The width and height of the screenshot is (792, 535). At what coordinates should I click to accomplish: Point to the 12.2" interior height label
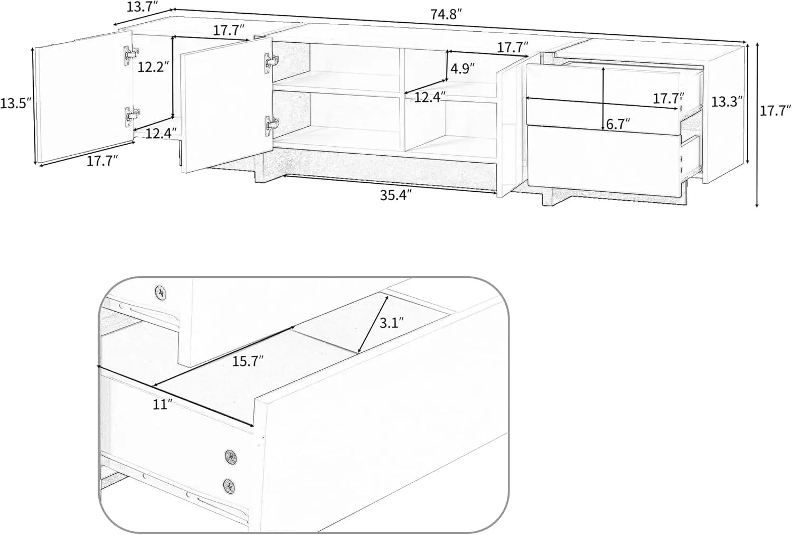[x=153, y=67]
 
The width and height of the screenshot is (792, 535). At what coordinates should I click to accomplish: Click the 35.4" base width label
[x=395, y=195]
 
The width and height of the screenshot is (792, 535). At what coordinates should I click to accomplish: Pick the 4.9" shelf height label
[x=462, y=69]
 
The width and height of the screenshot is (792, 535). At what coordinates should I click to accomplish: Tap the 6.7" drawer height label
[x=618, y=124]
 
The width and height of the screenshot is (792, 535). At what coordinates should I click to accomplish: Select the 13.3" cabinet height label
[x=727, y=101]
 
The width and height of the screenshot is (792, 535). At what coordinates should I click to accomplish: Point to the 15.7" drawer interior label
[x=248, y=362]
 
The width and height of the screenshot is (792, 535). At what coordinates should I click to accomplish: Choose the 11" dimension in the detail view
[x=163, y=405]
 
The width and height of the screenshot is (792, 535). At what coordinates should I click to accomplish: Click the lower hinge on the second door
[x=271, y=125]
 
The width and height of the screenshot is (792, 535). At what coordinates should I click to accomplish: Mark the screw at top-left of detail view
[x=160, y=291]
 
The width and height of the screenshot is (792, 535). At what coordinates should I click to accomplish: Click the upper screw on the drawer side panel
[x=231, y=456]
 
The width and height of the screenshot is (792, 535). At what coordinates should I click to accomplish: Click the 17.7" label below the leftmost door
[x=102, y=161]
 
